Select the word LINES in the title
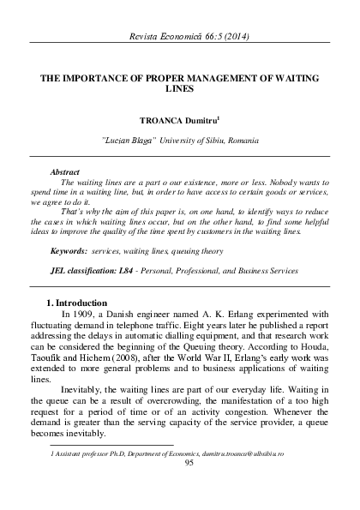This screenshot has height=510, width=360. [x=180, y=88]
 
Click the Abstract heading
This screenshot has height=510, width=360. [x=65, y=171]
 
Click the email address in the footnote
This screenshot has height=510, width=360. [x=263, y=452]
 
